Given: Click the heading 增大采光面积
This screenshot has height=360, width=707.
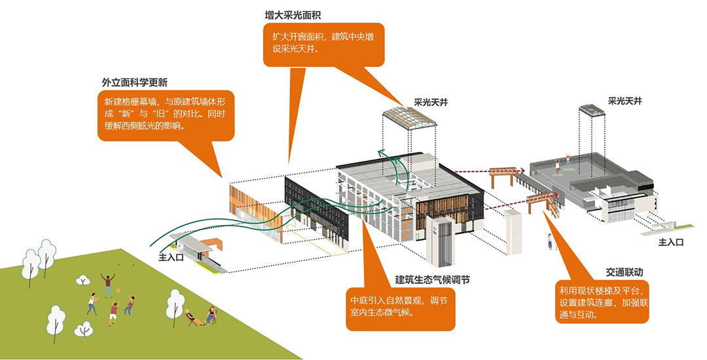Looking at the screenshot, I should click(x=293, y=14).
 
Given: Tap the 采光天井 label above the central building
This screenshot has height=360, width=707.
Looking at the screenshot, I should click(x=430, y=103).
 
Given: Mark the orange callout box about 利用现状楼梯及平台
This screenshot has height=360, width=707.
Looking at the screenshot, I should click(x=600, y=301).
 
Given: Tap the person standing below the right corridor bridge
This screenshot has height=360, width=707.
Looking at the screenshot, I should click(x=549, y=242).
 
